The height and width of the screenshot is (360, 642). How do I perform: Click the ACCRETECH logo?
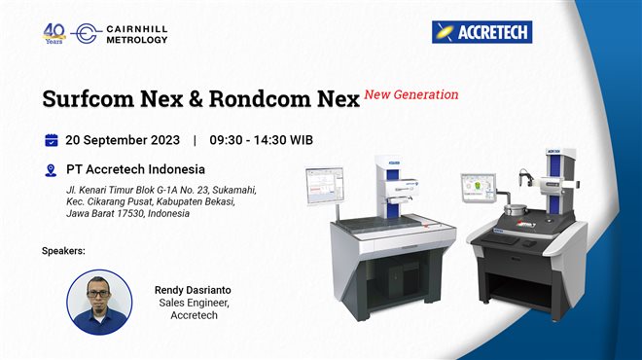pyautogui.click(x=481, y=32)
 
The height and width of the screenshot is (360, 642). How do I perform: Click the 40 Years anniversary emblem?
pyautogui.click(x=54, y=32)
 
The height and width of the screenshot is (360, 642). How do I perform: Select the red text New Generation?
pyautogui.click(x=410, y=95)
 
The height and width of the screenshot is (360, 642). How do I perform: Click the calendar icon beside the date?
pyautogui.click(x=52, y=139)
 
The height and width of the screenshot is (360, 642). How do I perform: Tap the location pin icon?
pyautogui.click(x=52, y=169)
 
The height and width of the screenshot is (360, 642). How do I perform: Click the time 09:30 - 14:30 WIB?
pyautogui.click(x=262, y=139)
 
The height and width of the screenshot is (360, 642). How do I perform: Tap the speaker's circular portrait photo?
pyautogui.click(x=98, y=302)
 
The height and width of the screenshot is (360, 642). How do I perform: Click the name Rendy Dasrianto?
pyautogui.click(x=195, y=289)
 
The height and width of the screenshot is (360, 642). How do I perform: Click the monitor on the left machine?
pyautogui.click(x=319, y=184)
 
